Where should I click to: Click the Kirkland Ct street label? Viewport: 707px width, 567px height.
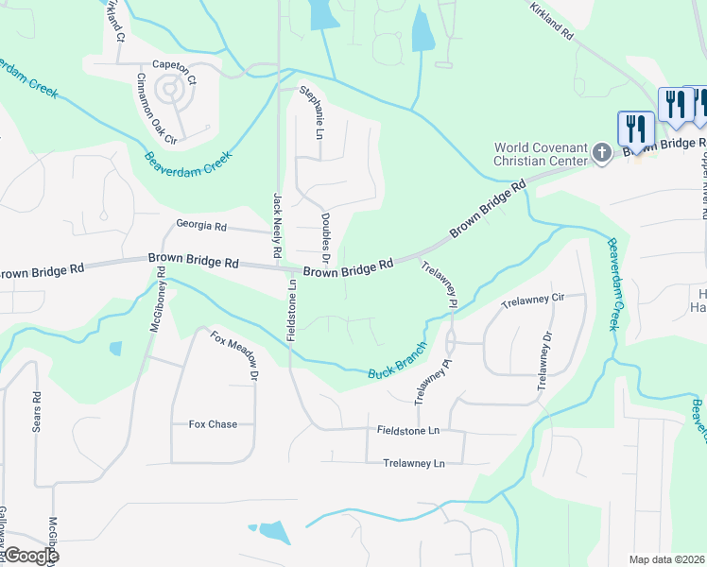click(x=115, y=21)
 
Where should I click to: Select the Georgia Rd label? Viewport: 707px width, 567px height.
click(x=201, y=226)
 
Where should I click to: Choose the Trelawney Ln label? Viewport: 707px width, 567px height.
click(x=413, y=463)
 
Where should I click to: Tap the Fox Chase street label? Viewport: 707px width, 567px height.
click(x=213, y=424)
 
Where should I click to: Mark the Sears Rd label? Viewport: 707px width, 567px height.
click(x=37, y=412)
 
